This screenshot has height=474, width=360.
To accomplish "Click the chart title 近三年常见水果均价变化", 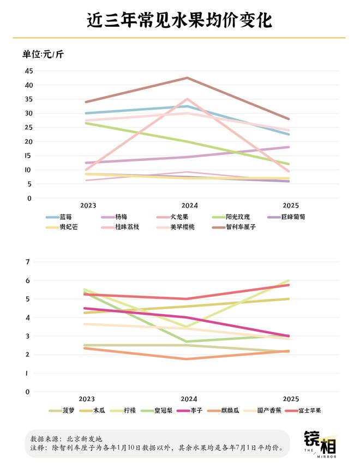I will click(179, 20).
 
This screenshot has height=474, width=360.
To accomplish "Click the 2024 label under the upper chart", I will click(189, 206).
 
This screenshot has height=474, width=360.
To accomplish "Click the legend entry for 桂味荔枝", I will click(128, 226).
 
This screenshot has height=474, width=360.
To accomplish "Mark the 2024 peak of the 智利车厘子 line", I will click(188, 77).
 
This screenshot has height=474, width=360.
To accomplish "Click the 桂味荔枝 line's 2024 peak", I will click(188, 99).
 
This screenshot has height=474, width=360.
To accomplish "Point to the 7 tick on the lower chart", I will click(27, 262).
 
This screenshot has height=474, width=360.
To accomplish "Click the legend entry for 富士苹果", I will click(308, 410).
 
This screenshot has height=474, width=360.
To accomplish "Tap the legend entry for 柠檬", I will click(129, 410).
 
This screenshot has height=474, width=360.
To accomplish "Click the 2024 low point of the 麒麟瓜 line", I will click(188, 359).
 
